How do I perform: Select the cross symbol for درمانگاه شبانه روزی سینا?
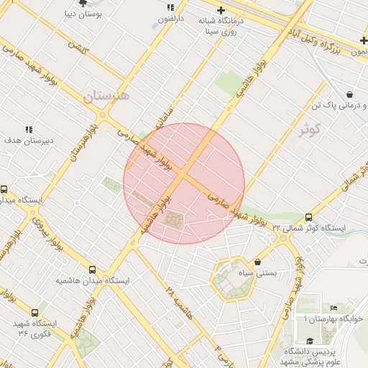pyautogui.click(x=221, y=10)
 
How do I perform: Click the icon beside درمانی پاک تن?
pyautogui.click(x=349, y=94)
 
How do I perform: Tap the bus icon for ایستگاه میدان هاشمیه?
pyautogui.click(x=91, y=270)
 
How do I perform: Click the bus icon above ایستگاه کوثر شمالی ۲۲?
pyautogui.click(x=308, y=217)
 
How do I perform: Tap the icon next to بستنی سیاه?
pyautogui.click(x=258, y=262)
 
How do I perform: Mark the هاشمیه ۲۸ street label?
pyautogui.click(x=179, y=303)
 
